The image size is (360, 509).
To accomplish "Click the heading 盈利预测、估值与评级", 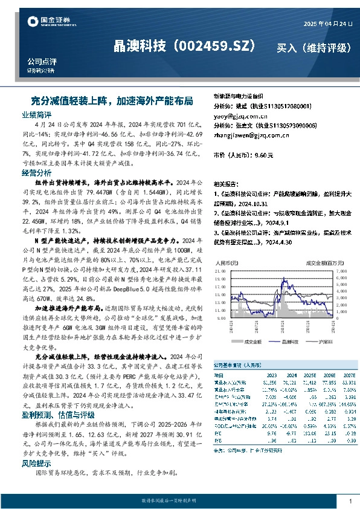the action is [58, 415].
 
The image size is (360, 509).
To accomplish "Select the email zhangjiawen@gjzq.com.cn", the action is [250, 137].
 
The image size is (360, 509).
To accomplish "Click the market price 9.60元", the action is [263, 155].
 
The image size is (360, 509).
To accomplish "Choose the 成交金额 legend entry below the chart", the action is [252, 342].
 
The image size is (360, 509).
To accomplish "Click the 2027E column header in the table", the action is [349, 375].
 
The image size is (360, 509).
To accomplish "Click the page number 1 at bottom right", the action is [350, 501].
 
